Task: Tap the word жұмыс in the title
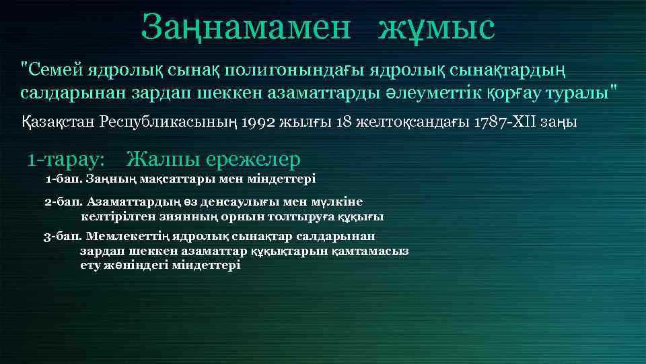435,28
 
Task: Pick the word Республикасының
170,123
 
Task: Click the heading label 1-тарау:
66,160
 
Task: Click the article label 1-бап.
63,179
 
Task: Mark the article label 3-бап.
63,237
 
